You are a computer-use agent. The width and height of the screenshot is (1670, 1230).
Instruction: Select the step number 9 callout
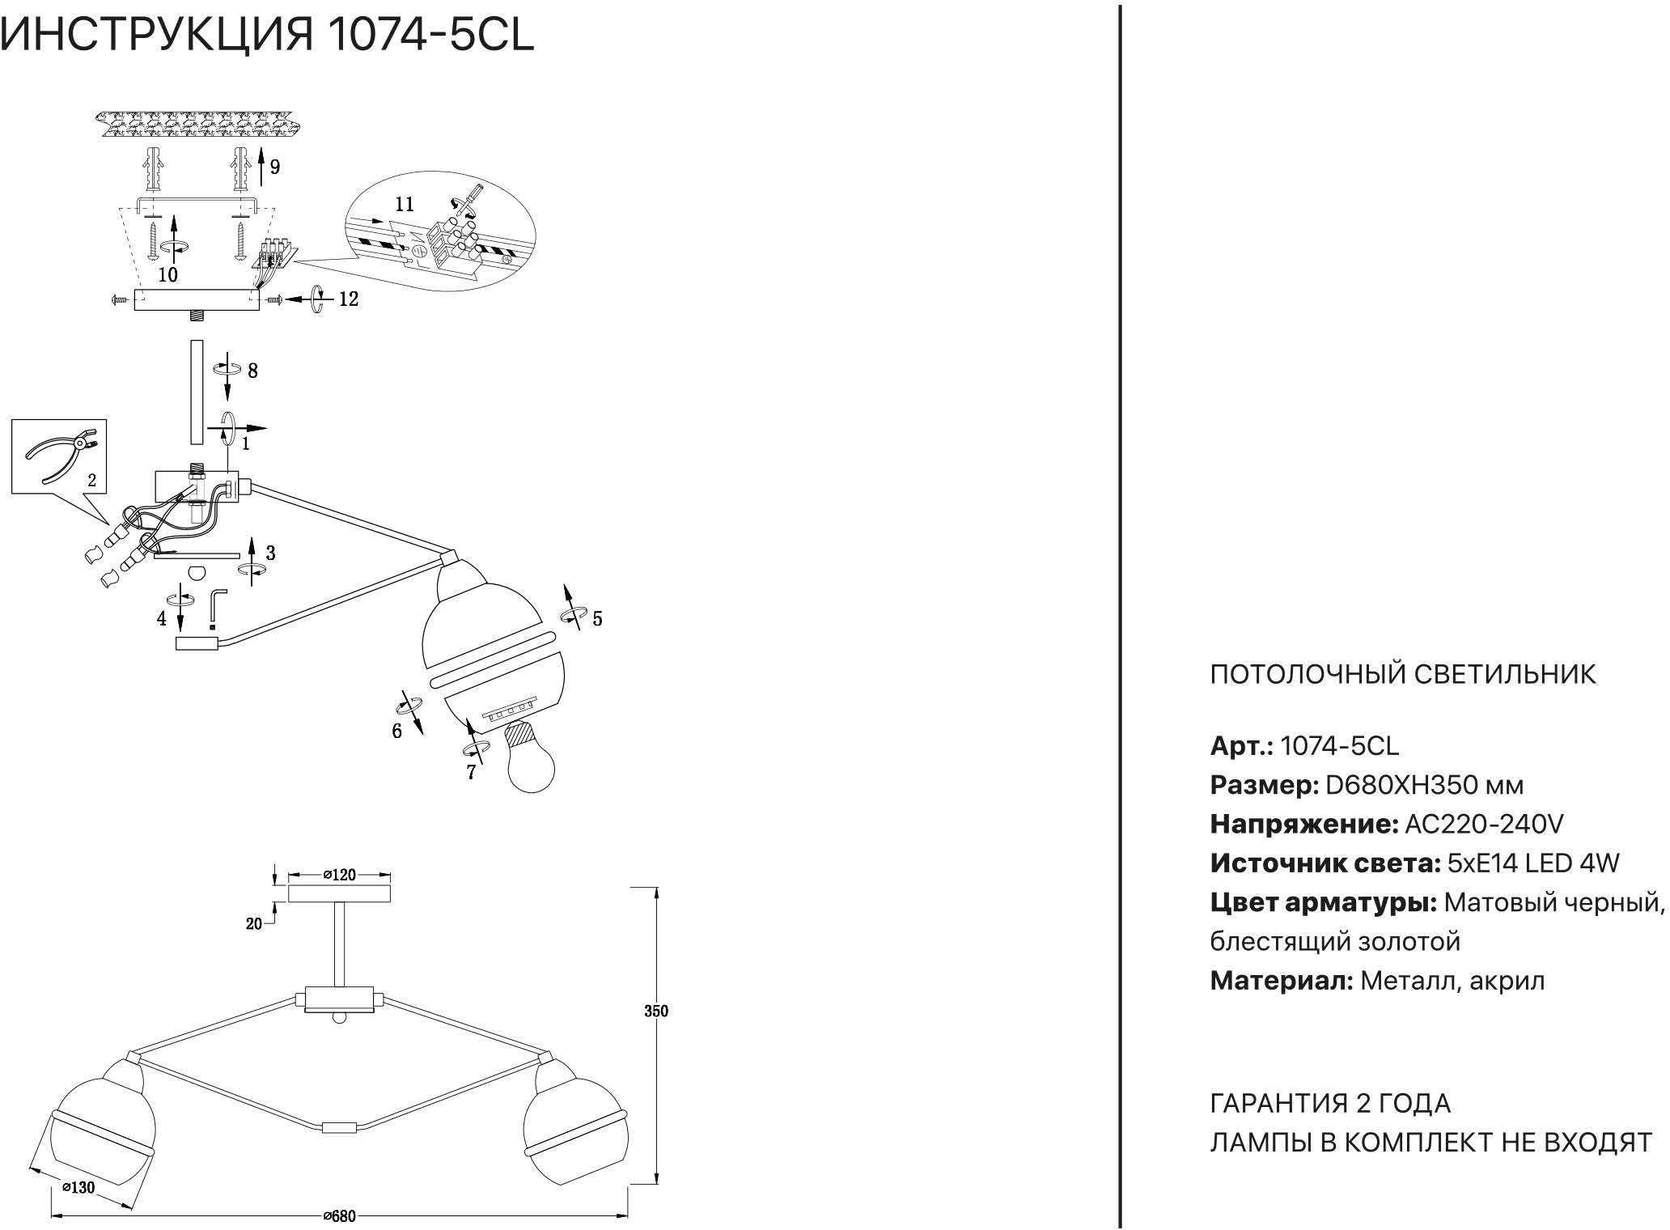[275, 168]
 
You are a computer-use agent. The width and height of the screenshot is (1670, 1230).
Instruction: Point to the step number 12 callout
[348, 299]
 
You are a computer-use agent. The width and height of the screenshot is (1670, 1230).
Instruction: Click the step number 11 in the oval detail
[404, 204]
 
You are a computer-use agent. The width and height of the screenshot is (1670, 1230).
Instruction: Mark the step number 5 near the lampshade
[597, 619]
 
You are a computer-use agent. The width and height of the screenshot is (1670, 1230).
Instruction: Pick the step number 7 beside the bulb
[471, 773]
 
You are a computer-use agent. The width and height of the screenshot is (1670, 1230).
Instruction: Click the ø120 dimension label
[340, 875]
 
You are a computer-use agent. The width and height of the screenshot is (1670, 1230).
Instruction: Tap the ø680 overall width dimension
[339, 1216]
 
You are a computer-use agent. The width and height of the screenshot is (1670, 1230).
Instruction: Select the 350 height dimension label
[656, 1011]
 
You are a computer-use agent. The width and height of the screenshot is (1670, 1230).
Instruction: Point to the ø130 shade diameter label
[78, 1187]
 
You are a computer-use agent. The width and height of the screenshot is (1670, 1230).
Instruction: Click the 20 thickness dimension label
[254, 923]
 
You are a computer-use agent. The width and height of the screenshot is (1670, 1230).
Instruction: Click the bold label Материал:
[1282, 981]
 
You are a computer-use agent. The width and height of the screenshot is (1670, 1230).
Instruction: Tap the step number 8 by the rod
[252, 371]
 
